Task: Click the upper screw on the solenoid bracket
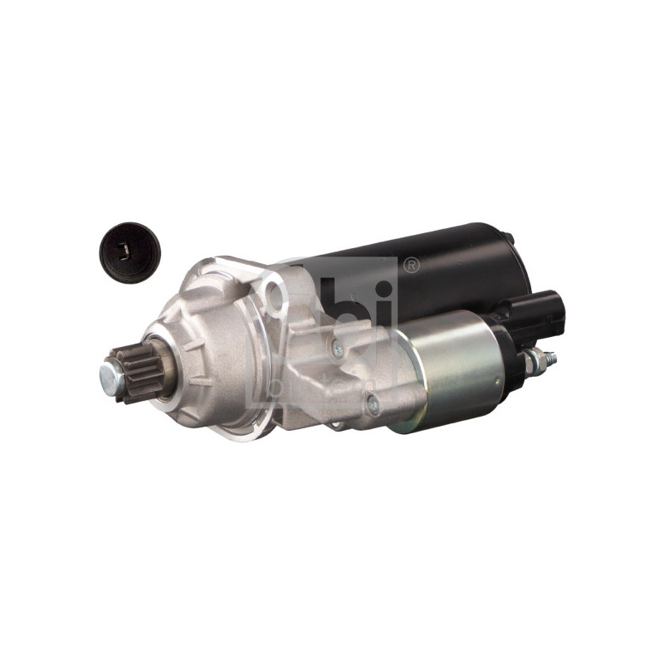pyautogui.click(x=337, y=350)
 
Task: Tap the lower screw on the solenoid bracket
pyautogui.click(x=373, y=405)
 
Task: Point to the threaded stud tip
pyautogui.click(x=550, y=358)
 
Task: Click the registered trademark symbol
pyautogui.click(x=410, y=266)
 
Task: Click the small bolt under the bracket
pyautogui.click(x=335, y=425)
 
